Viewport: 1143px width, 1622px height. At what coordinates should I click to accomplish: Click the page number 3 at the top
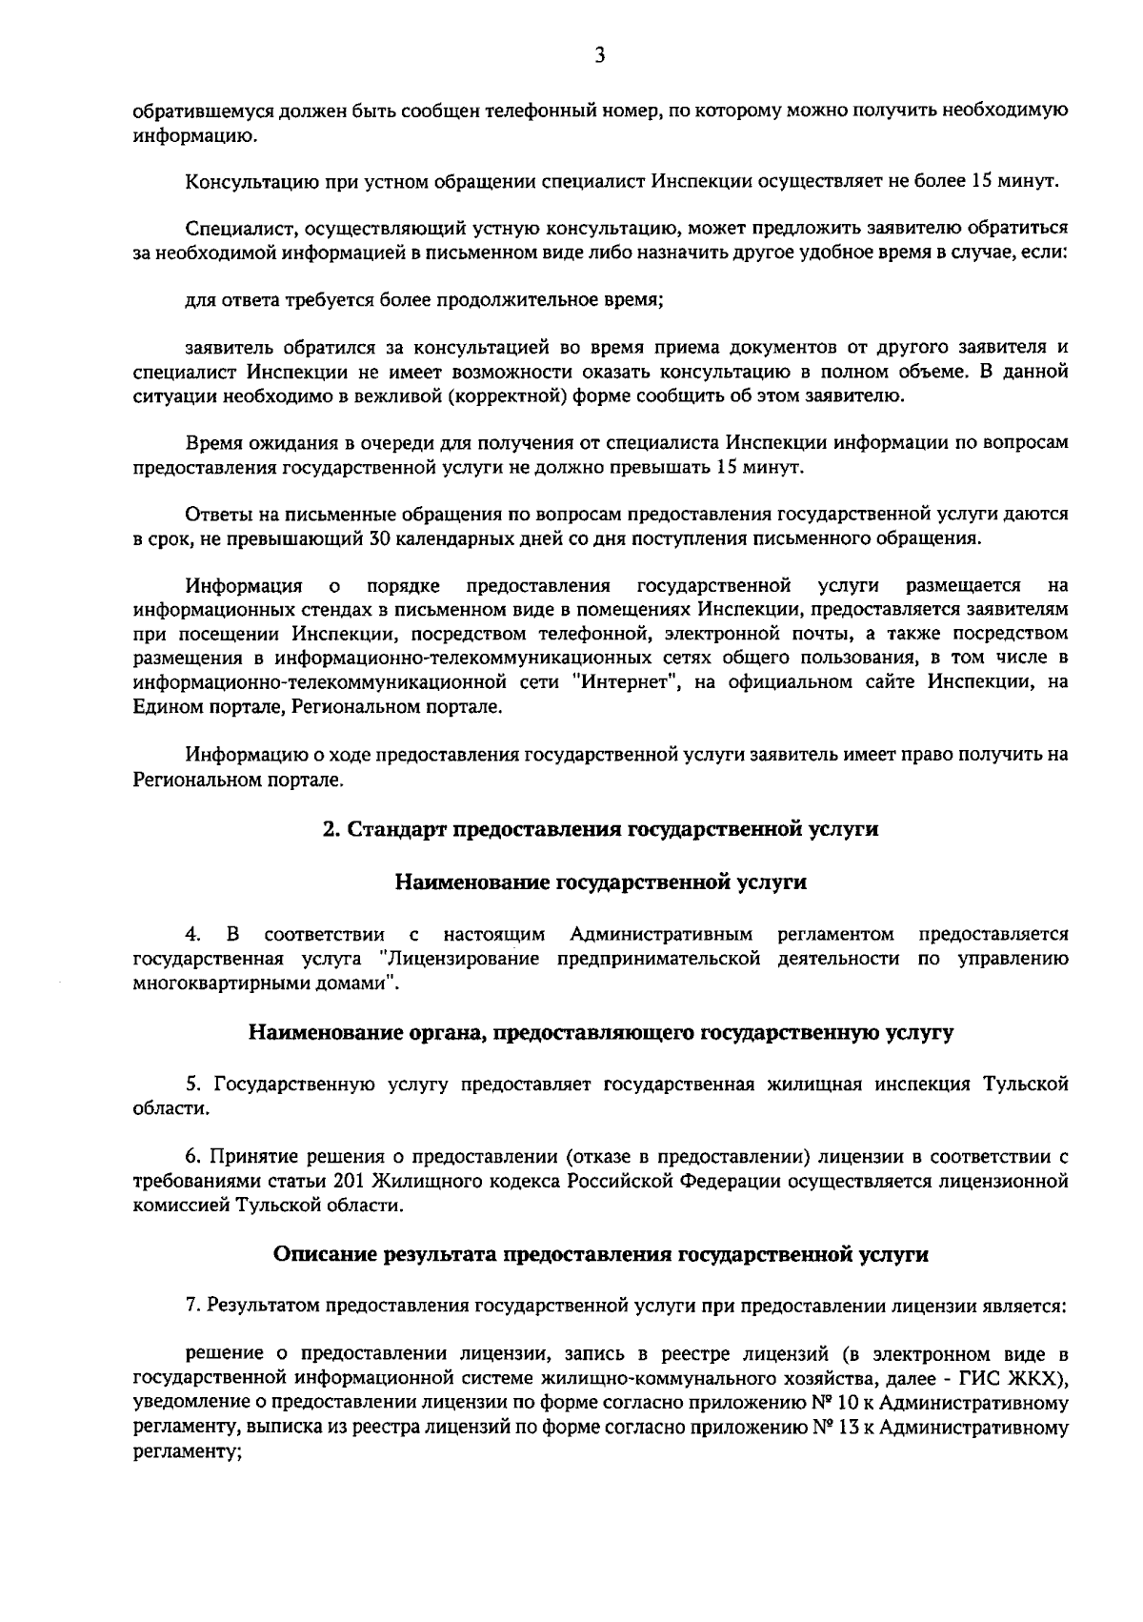[x=599, y=55]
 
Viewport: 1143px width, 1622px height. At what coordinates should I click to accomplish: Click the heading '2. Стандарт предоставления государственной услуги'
[x=600, y=828]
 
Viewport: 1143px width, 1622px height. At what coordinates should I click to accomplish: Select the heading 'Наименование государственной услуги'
[x=600, y=882]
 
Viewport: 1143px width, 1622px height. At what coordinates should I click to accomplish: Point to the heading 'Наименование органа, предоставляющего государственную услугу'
[x=600, y=1031]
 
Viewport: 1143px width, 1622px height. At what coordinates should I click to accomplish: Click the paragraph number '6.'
[x=193, y=1157]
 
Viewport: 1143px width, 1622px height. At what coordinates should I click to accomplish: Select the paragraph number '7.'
[x=193, y=1305]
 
